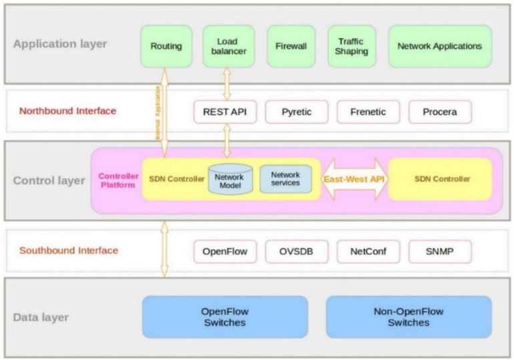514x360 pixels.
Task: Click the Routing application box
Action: pos(166,47)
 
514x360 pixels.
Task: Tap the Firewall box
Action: pos(291,47)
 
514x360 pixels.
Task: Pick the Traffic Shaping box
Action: pos(351,47)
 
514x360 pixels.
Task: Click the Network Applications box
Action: pos(439,47)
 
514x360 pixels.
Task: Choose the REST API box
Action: pos(224,112)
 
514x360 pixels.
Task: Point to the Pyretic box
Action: pos(296,112)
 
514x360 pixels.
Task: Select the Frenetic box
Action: pos(368,112)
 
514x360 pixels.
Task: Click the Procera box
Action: pos(440,112)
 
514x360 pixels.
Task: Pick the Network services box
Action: pos(285,179)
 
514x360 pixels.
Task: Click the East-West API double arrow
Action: pos(354,179)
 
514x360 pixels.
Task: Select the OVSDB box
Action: pos(296,252)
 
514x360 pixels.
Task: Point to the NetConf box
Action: pos(368,252)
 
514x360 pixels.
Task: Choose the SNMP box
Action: pos(440,252)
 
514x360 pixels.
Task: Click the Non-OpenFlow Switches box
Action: pos(409,317)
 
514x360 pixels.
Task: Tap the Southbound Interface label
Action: pos(69,250)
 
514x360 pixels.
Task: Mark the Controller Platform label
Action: pos(119,180)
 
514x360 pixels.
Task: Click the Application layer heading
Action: pos(60,45)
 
